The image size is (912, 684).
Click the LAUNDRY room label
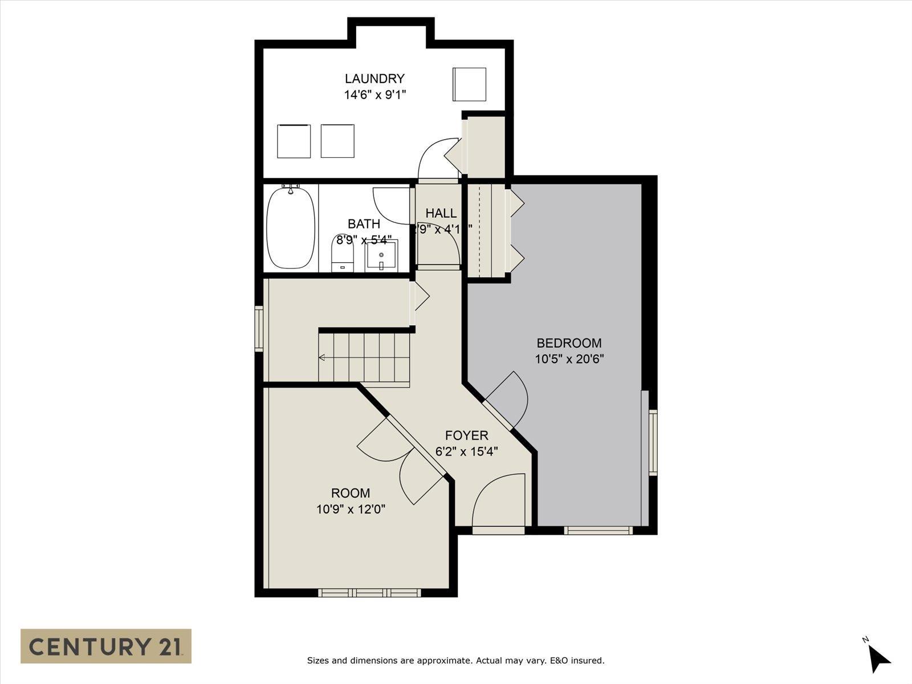[x=374, y=79]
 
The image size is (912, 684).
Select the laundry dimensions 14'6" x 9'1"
[x=374, y=95]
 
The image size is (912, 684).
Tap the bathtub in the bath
[x=291, y=227]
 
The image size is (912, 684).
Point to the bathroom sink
[x=381, y=256]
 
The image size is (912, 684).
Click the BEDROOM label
[x=569, y=343]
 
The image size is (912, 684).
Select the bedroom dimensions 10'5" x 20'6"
[x=569, y=359]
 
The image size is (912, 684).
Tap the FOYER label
[x=466, y=435]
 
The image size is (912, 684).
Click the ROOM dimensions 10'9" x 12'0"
[x=351, y=509]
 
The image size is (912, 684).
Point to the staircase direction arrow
[x=323, y=358]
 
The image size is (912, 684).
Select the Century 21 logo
[x=106, y=646]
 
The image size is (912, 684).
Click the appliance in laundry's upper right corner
[x=469, y=84]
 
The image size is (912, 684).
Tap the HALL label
[x=441, y=213]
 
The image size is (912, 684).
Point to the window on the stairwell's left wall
[x=259, y=328]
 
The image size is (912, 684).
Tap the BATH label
[x=364, y=224]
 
